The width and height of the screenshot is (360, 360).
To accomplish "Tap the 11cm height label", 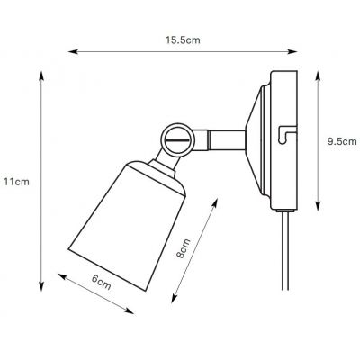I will click(19, 182).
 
